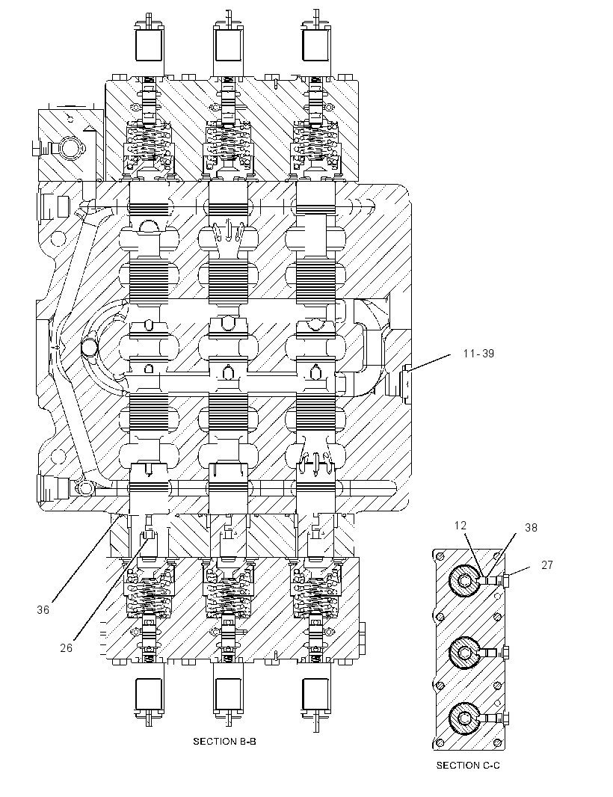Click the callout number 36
click(43, 609)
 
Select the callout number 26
click(67, 647)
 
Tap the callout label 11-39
click(478, 353)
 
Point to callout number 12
click(460, 526)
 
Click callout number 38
click(531, 528)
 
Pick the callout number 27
click(547, 564)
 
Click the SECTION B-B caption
click(225, 742)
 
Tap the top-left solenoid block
click(149, 45)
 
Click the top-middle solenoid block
click(228, 45)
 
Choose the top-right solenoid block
click(317, 45)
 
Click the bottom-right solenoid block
click(317, 695)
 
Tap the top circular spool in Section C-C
click(464, 580)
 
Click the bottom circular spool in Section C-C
click(464, 718)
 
